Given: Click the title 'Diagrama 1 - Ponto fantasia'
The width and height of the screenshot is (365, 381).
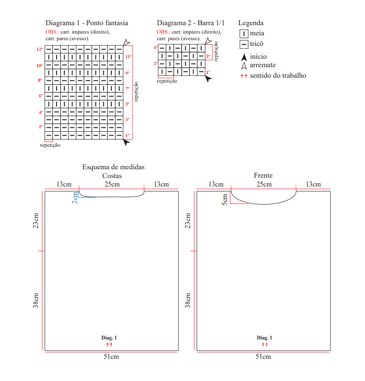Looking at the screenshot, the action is tap(87, 23).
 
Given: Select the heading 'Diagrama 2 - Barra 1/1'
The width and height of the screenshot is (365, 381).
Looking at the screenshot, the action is tap(190, 23).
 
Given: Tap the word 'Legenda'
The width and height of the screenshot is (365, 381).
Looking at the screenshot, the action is tap(251, 23).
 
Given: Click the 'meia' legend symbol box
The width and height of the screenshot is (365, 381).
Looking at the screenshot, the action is tap(243, 34).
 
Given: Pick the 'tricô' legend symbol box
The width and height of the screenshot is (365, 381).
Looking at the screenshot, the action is tap(243, 44).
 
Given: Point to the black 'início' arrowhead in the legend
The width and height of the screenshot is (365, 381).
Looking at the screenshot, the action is tap(244, 57).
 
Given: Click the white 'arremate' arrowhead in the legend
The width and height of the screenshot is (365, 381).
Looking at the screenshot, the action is tap(244, 66).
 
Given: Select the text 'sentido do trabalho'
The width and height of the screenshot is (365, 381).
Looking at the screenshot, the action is tap(278, 76).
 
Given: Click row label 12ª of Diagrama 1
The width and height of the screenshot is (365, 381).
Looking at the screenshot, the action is tap(40, 50).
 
